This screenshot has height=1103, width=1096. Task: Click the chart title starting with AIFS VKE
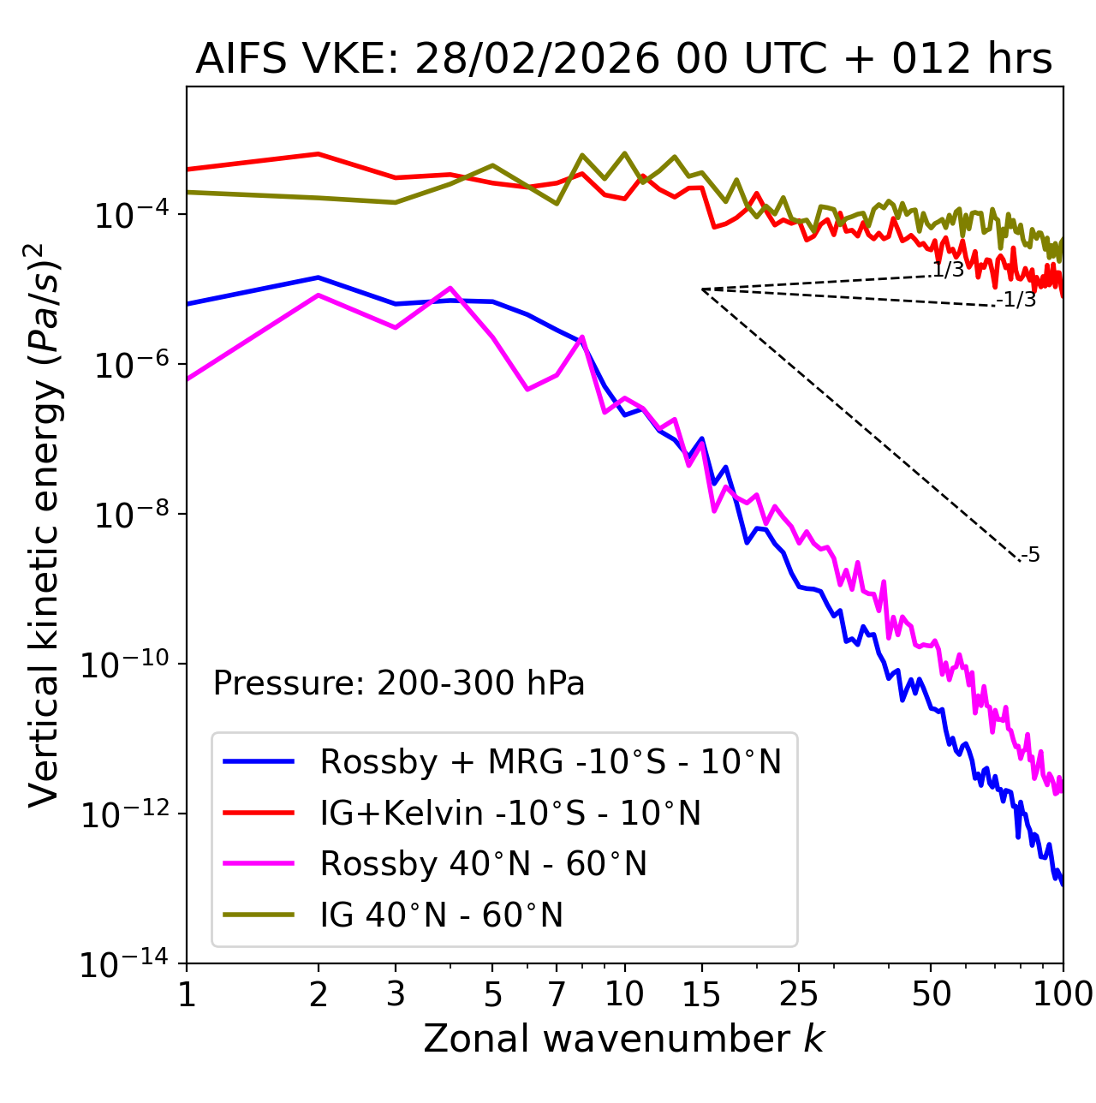623,59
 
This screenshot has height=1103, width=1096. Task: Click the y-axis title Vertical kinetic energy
45,524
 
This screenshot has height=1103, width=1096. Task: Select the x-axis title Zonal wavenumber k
623,1038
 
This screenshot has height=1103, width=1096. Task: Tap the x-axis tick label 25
798,993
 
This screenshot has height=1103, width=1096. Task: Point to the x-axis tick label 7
557,993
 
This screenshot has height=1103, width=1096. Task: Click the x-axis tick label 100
1063,993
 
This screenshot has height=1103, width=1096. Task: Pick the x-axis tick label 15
701,993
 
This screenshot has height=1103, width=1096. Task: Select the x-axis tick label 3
395,993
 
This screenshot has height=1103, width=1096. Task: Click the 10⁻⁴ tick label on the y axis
128,215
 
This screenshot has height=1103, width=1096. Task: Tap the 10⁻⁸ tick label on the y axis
128,515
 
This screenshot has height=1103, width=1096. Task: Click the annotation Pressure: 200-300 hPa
398,683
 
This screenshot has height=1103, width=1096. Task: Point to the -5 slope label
1031,556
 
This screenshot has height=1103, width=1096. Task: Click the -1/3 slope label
1017,300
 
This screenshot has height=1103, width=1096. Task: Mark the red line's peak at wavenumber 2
319,154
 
